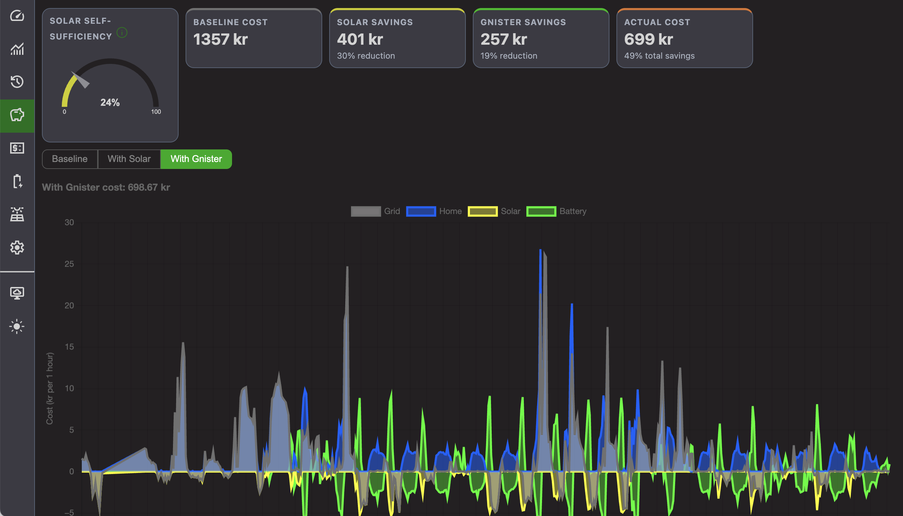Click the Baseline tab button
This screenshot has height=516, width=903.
[x=70, y=159]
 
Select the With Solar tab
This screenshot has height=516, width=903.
[x=129, y=159]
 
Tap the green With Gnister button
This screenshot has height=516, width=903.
[x=196, y=159]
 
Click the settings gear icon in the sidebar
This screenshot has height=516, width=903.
[x=17, y=248]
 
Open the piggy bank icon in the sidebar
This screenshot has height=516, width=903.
[x=17, y=115]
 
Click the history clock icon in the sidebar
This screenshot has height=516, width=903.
[x=17, y=81]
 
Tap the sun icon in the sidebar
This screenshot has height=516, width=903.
[x=17, y=326]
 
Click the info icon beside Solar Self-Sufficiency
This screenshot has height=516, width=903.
[x=122, y=32]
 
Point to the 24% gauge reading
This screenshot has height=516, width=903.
[x=110, y=102]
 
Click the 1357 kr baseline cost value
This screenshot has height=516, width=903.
[x=220, y=39]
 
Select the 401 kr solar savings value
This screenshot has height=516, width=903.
[x=360, y=39]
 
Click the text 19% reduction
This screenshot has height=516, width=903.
[x=508, y=56]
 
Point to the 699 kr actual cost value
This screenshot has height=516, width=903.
[x=648, y=39]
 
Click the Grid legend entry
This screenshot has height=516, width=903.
[x=375, y=211]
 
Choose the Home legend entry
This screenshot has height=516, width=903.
[x=434, y=211]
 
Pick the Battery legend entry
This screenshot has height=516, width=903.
[x=556, y=211]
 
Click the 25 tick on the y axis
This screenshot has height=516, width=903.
[x=69, y=264]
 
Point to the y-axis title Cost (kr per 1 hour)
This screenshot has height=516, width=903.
[x=50, y=389]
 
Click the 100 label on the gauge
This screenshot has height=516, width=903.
[x=156, y=112]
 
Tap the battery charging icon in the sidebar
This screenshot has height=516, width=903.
[x=17, y=181]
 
